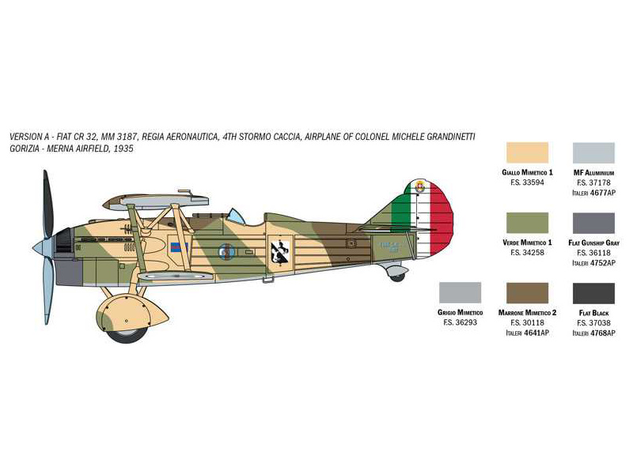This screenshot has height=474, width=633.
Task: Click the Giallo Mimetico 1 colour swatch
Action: tap(525, 152)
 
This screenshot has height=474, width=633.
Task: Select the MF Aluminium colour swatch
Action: tap(593, 152)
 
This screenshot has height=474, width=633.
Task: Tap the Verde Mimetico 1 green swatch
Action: tap(525, 224)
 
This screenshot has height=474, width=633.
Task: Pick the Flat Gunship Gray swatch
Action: tap(593, 224)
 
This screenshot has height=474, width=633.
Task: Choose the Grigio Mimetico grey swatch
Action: tap(459, 293)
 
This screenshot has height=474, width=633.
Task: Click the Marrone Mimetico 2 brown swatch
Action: tap(525, 293)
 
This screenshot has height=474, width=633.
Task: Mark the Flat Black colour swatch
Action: tap(593, 293)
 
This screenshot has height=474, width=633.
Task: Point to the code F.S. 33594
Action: tap(527, 182)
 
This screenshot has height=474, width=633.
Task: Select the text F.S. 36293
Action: tap(460, 323)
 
